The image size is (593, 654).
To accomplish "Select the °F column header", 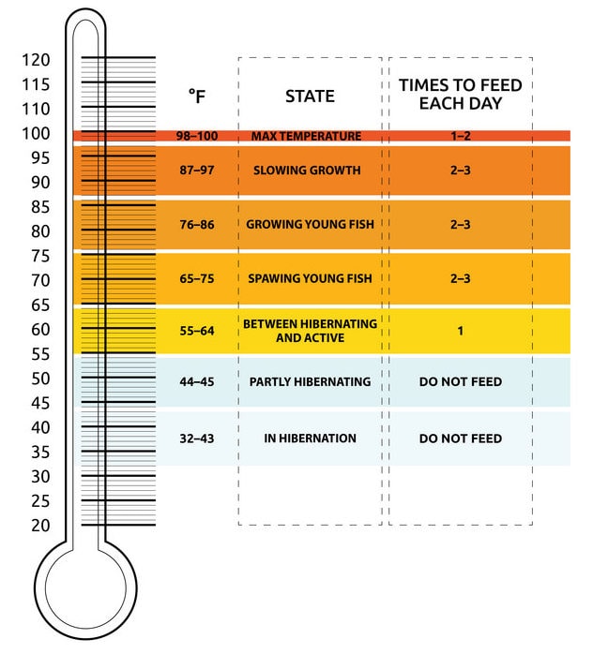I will point(197,96).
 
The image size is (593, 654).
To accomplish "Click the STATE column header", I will point(310,96).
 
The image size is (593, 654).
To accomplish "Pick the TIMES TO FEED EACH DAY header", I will point(461,94).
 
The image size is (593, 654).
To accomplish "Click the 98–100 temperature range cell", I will point(197,137).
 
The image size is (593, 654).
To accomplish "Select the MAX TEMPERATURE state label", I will point(306,137).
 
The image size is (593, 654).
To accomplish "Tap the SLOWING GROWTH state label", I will point(307,171).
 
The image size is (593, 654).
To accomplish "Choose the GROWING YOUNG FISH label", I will point(306,225).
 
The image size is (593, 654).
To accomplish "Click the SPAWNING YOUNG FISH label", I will point(306,279).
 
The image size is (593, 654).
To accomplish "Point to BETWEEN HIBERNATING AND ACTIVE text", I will point(310,330).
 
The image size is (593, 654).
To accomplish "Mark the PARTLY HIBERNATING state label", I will point(311,382).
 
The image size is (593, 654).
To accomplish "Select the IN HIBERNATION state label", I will point(310,438).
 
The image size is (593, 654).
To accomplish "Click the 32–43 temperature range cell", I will point(197,438).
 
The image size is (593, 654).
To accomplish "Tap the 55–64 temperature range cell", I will point(197,331).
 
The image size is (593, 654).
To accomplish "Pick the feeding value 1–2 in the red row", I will point(461,137).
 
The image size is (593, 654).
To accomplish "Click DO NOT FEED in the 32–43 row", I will point(461,438).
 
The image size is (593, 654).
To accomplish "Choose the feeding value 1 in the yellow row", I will point(461,331).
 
